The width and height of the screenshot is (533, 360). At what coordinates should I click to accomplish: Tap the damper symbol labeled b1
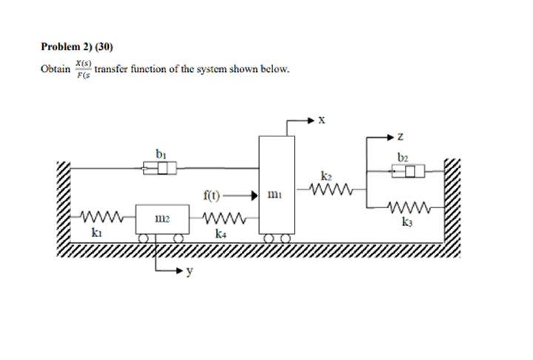point(160,169)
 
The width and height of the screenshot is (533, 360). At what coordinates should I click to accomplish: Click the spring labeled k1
point(98,219)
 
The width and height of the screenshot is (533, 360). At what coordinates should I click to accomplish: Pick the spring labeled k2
point(326,191)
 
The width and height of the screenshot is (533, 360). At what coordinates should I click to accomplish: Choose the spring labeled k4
point(221,219)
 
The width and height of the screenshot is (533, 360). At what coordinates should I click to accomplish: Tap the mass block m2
point(160,220)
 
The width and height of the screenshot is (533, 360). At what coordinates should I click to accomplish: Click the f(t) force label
point(211,196)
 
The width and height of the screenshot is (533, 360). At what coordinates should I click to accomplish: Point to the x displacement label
point(321,119)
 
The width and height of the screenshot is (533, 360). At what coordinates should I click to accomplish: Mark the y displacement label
point(190,272)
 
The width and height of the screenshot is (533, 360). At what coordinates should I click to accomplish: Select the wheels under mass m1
point(275,238)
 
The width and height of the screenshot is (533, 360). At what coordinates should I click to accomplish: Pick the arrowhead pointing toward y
point(178,271)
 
